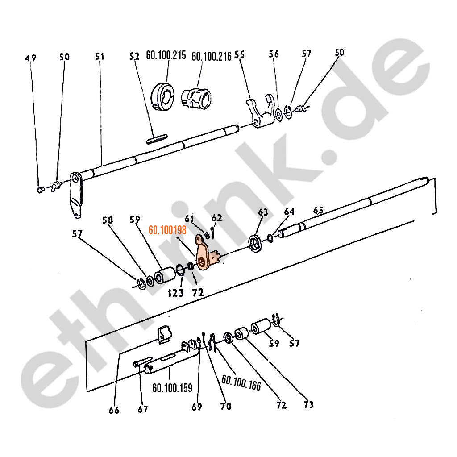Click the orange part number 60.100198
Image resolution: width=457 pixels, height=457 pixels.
pyautogui.click(x=167, y=230)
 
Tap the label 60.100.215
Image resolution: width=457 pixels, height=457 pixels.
pyautogui.click(x=166, y=55)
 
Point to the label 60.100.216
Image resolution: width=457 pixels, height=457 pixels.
pyautogui.click(x=211, y=56)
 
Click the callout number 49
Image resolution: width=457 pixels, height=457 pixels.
pyautogui.click(x=31, y=58)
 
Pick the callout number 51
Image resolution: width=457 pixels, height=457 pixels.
pyautogui.click(x=100, y=56)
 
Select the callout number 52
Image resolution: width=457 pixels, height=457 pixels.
pyautogui.click(x=135, y=56)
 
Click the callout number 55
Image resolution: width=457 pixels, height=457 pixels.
pyautogui.click(x=240, y=54)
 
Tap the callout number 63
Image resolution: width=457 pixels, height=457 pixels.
pyautogui.click(x=263, y=212)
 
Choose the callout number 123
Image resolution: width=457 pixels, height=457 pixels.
pyautogui.click(x=176, y=293)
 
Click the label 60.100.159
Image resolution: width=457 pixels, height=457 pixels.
pyautogui.click(x=172, y=388)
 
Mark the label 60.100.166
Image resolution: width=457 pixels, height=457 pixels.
pyautogui.click(x=241, y=382)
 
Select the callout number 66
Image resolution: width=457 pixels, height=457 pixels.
pyautogui.click(x=114, y=410)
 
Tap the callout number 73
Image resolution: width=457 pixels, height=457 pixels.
pyautogui.click(x=308, y=404)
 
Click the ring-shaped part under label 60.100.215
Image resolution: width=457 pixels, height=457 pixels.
pyautogui.click(x=162, y=97)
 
